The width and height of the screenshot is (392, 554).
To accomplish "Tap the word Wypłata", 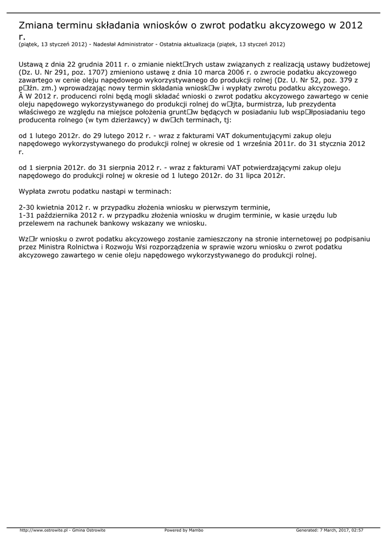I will (34, 192).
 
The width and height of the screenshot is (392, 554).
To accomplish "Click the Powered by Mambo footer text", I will (184, 530).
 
